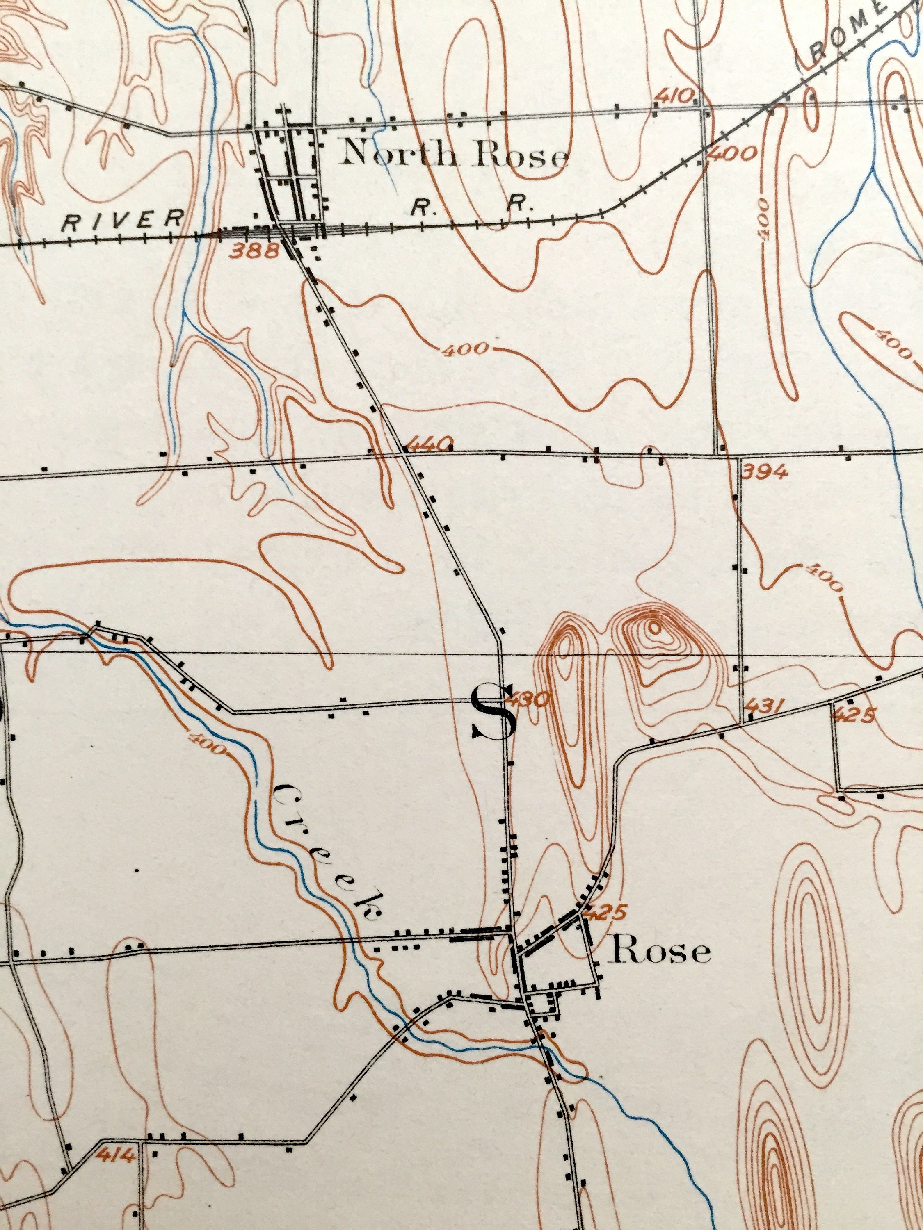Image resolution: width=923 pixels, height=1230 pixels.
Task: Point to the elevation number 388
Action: [x=254, y=251]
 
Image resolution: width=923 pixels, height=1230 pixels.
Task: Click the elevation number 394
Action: [x=765, y=473]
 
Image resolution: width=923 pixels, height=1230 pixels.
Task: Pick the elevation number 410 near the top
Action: [x=674, y=95]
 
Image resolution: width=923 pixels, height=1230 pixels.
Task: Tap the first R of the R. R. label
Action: [x=420, y=207]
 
